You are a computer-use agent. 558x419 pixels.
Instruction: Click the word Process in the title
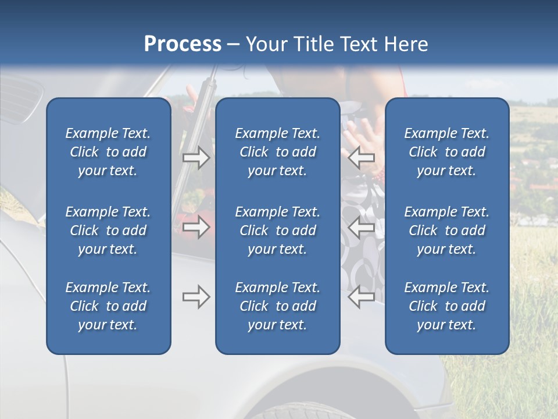(x=183, y=44)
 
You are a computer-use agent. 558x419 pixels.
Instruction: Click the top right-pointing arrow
(x=196, y=157)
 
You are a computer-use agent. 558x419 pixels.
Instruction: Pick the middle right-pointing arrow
(x=196, y=227)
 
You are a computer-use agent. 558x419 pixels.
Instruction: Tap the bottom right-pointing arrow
(x=196, y=297)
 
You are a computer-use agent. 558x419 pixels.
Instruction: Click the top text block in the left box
(x=108, y=152)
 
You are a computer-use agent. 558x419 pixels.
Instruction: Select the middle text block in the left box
(x=108, y=230)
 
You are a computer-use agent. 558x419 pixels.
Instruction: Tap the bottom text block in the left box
(x=108, y=306)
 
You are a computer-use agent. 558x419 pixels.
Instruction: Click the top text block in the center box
(x=278, y=152)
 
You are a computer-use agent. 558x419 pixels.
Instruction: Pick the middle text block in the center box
(x=278, y=230)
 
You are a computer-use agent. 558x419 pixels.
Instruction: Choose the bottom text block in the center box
(x=278, y=306)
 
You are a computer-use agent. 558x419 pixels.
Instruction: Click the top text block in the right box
(x=447, y=152)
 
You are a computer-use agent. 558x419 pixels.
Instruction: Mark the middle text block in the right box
(x=447, y=230)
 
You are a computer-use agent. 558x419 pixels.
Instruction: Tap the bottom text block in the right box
(x=447, y=306)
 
